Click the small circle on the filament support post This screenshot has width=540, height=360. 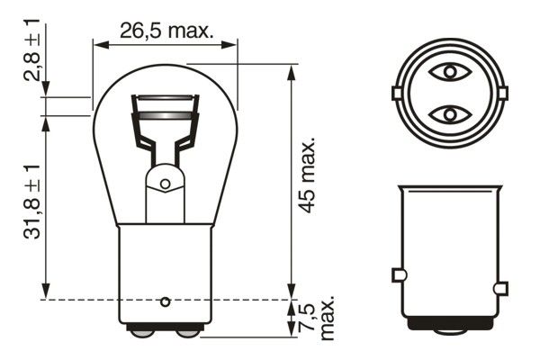coord(165,184)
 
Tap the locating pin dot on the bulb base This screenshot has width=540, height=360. coord(165,300)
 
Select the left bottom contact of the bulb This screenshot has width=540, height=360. coord(142,332)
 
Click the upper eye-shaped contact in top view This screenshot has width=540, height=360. coord(448,70)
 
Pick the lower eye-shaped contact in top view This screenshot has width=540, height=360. coord(448,114)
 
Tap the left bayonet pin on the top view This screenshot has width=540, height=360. coord(396,93)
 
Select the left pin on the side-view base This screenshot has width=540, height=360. coord(400,274)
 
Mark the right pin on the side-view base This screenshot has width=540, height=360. coord(501,288)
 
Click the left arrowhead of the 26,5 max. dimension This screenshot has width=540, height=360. coord(99,43)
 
